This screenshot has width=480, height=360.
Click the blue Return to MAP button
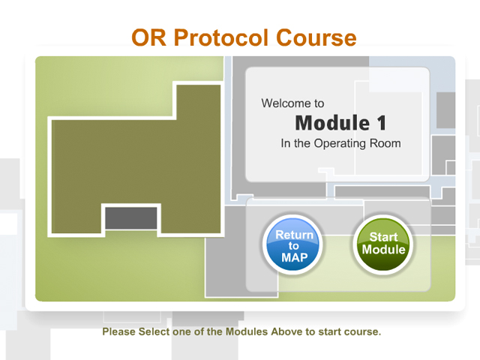coord(293,245)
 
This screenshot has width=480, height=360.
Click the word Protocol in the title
coord(221,38)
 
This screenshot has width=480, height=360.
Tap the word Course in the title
coord(316,38)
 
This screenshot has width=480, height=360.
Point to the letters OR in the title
coord(148,38)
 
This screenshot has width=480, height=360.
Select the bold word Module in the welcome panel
coord(332,123)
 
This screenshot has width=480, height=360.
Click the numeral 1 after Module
coord(382,123)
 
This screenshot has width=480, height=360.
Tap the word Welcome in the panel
coord(283,103)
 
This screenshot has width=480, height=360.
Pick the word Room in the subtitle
coord(385,143)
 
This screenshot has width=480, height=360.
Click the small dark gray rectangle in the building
coord(131,218)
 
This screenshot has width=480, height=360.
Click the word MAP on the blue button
coord(295,258)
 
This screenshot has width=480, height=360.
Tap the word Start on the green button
coord(383,237)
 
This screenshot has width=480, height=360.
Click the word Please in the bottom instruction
coord(118,331)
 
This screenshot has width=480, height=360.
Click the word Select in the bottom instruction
coord(154,331)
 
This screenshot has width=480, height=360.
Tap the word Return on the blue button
coord(295,235)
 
